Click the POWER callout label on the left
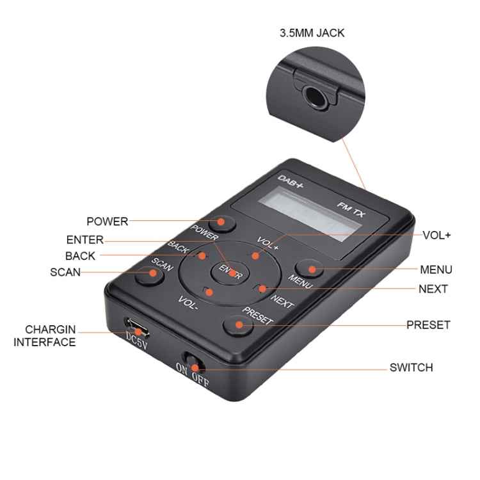pos(107,221)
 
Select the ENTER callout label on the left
pos(84,240)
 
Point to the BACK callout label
pos(80,256)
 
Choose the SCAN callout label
pos(65,272)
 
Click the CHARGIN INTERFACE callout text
pos(45,336)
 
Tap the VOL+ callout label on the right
pos(436,235)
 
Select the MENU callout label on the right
pos(436,269)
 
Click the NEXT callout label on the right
pos(433,289)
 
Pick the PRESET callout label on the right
pos(428,324)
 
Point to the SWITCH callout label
pos(411,367)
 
